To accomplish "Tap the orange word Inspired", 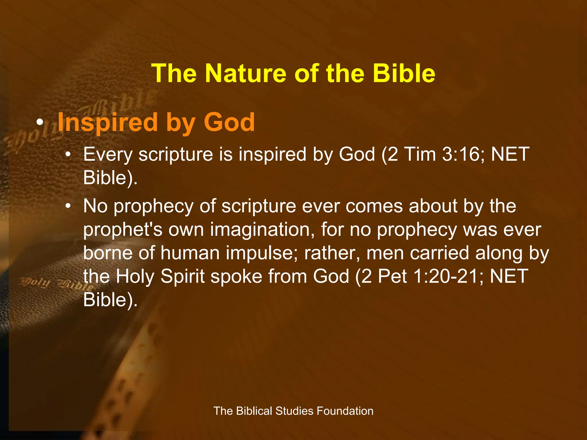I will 108,123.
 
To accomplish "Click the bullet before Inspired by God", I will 40,123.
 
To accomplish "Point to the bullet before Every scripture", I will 68,155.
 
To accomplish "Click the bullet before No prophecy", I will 68,207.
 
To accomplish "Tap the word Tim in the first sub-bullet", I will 420,155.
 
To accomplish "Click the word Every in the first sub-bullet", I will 108,155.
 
